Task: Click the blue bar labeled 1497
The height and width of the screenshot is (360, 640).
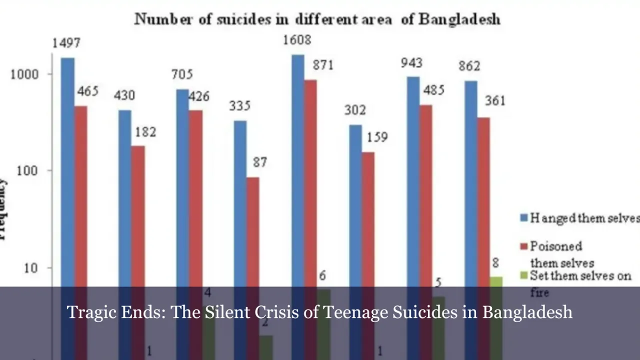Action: click(67, 170)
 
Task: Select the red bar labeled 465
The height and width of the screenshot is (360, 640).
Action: click(80, 195)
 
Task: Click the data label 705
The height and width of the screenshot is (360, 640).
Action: click(182, 75)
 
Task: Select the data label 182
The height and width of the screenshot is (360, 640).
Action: click(145, 132)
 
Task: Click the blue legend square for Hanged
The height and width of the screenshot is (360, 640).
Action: click(524, 218)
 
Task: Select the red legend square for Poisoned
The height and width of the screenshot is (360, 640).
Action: click(524, 246)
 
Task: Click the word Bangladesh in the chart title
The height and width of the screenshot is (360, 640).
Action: click(459, 19)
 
